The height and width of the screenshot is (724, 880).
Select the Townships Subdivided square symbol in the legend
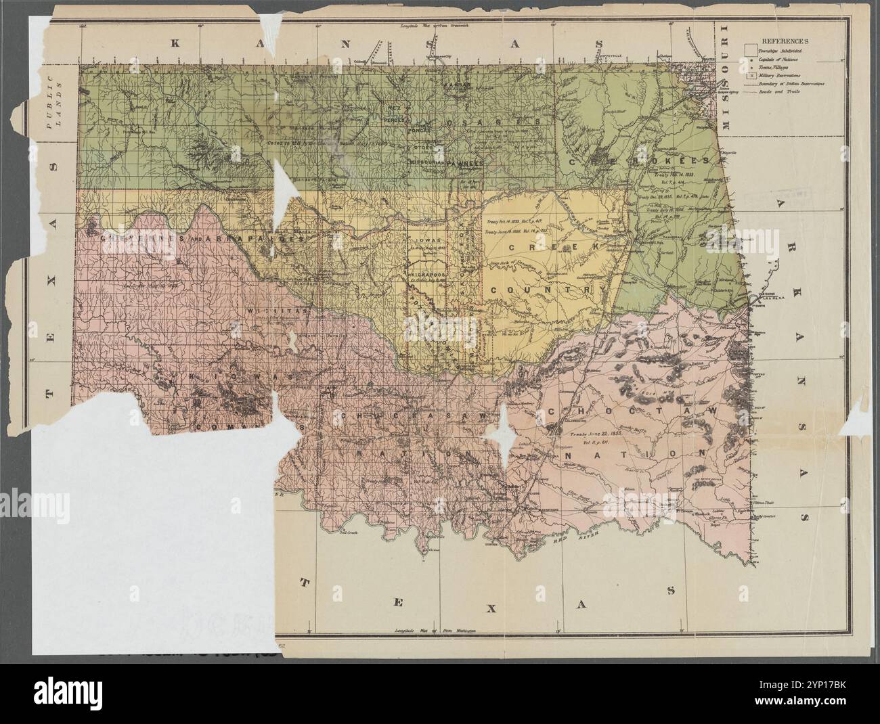(x=750, y=50)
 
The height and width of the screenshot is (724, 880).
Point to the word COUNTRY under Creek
(x=548, y=290)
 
